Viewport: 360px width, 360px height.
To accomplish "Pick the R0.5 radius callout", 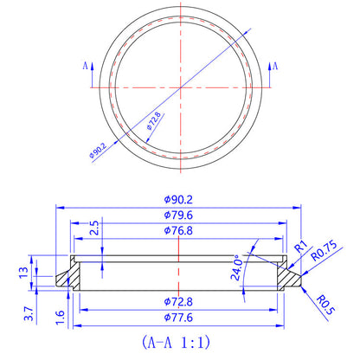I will click(323, 305).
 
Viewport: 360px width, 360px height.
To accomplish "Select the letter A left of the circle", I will click(84, 65).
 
